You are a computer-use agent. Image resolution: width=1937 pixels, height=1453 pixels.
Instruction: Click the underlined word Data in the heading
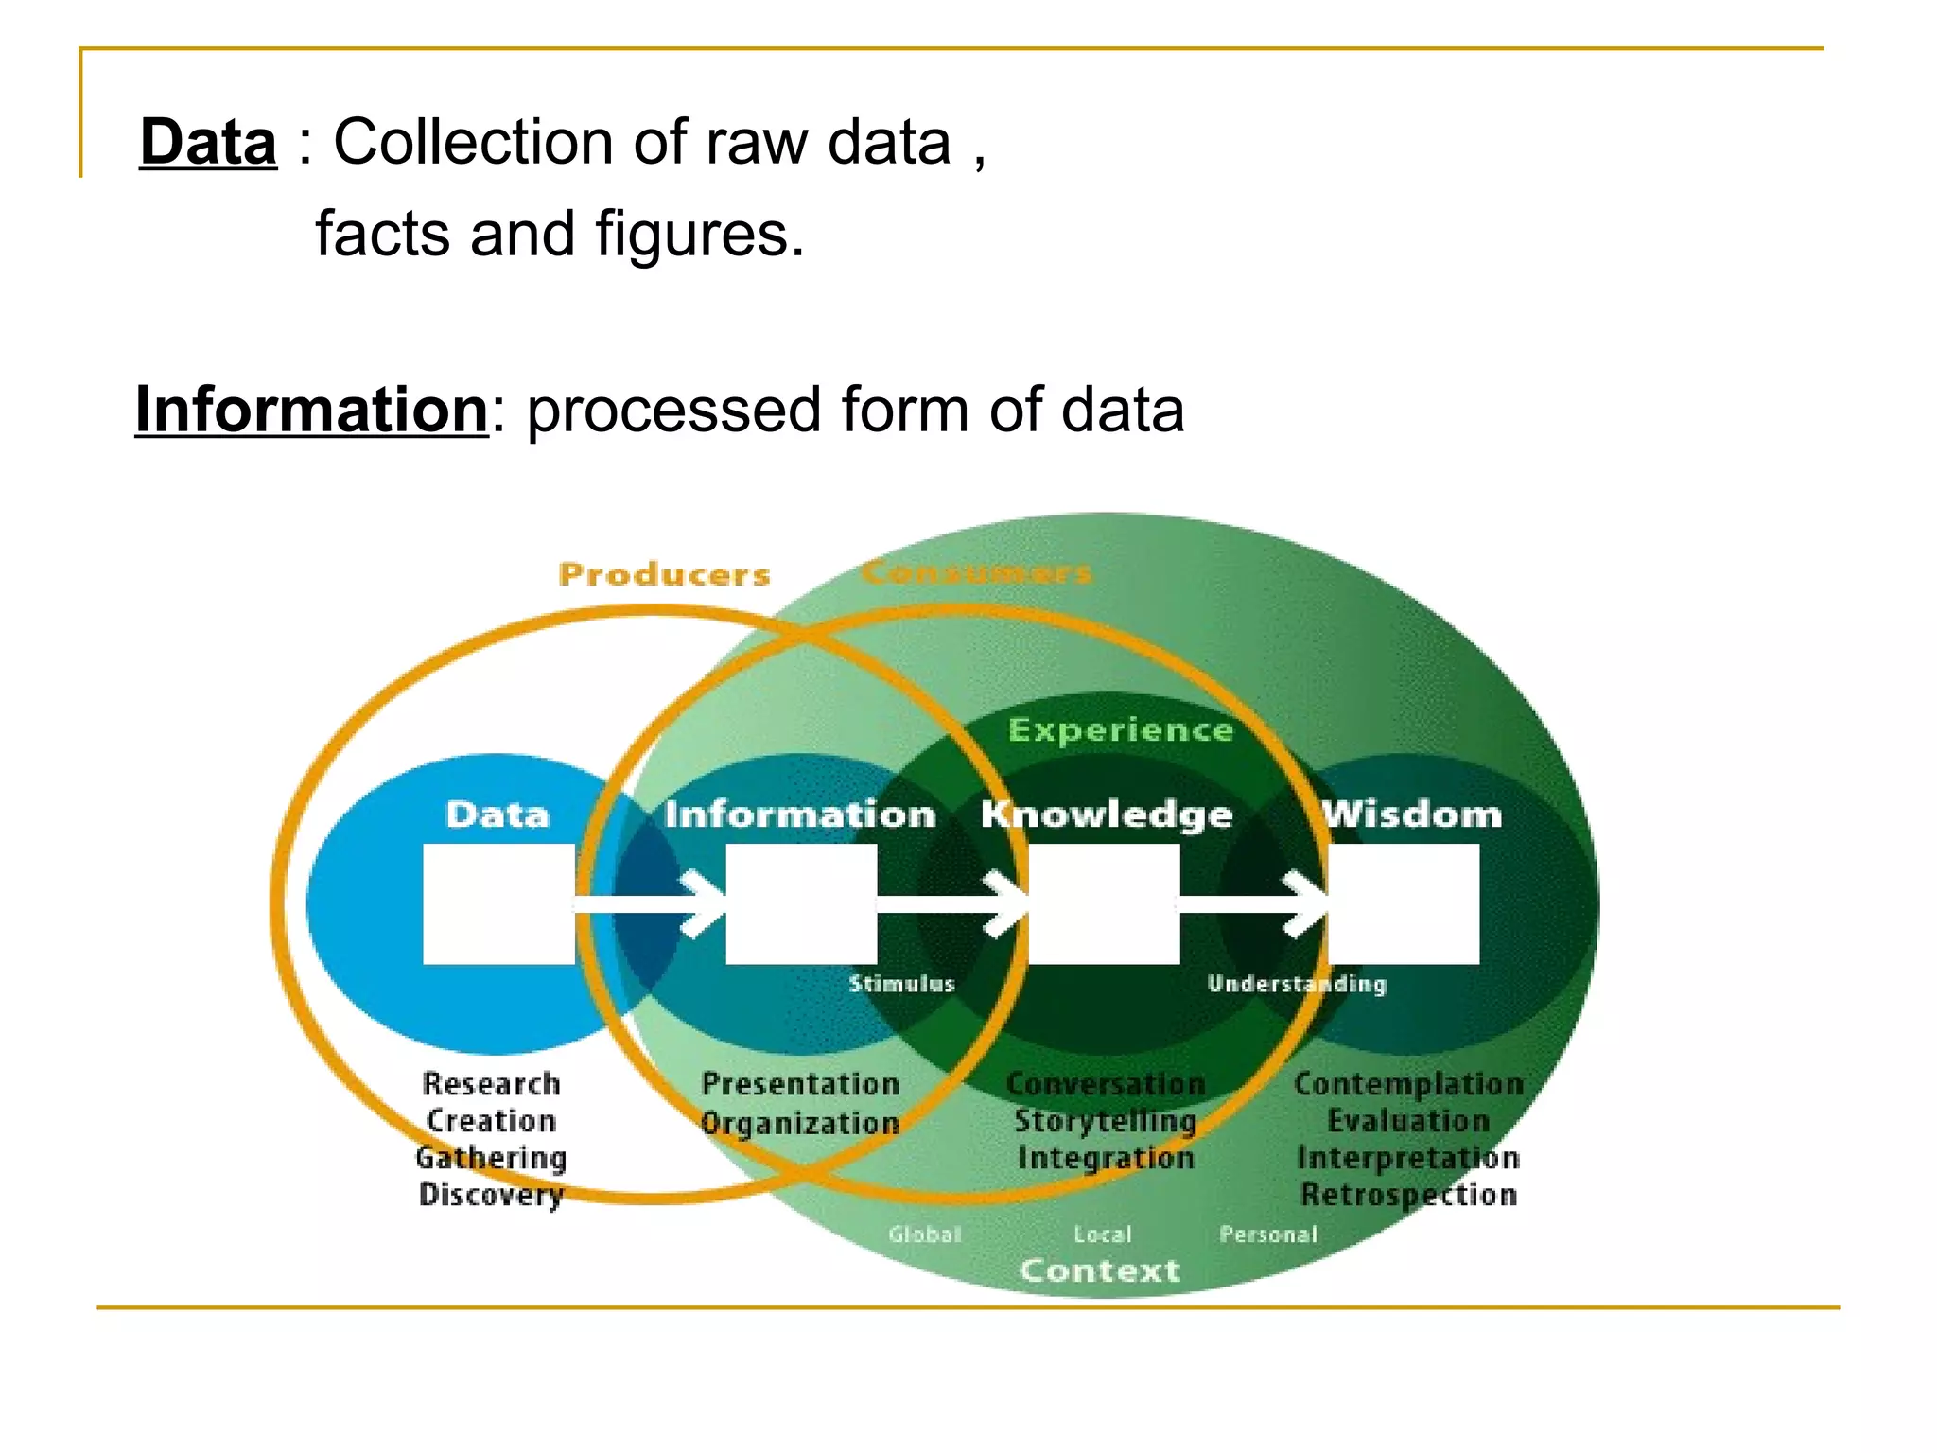[208, 143]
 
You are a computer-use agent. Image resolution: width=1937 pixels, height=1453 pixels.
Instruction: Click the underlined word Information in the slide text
[311, 410]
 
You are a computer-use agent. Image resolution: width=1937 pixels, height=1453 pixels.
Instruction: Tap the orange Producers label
[664, 574]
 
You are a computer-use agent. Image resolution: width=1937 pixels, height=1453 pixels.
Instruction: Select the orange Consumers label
[976, 572]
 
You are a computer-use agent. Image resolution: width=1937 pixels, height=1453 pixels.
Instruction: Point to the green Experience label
[1121, 729]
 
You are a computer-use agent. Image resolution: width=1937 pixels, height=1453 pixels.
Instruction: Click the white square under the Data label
[498, 904]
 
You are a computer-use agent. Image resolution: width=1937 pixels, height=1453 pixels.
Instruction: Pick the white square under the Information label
[801, 904]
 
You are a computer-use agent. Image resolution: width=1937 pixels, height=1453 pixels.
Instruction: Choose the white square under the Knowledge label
[1104, 904]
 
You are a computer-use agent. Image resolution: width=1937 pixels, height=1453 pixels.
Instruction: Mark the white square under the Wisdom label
[1404, 904]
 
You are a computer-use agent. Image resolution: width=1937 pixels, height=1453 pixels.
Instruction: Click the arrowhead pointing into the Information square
[705, 904]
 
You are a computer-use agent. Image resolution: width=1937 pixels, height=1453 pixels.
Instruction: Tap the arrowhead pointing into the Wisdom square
[1307, 904]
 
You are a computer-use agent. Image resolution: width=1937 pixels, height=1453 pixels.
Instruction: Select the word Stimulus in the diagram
[901, 984]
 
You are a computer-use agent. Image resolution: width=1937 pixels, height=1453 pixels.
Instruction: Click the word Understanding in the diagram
[1297, 984]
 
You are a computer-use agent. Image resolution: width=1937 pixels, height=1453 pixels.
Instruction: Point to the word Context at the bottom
[1100, 1270]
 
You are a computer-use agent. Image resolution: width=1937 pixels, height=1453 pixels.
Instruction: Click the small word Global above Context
[924, 1234]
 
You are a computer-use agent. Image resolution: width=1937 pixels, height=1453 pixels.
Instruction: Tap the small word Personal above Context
[1267, 1234]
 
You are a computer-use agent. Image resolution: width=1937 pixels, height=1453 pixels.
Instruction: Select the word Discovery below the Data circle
[491, 1195]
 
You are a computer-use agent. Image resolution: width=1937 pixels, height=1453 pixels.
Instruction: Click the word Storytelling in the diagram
[1105, 1121]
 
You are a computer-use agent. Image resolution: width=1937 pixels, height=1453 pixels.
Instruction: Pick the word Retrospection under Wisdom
[1408, 1195]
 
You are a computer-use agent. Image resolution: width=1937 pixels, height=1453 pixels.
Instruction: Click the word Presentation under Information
[800, 1084]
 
